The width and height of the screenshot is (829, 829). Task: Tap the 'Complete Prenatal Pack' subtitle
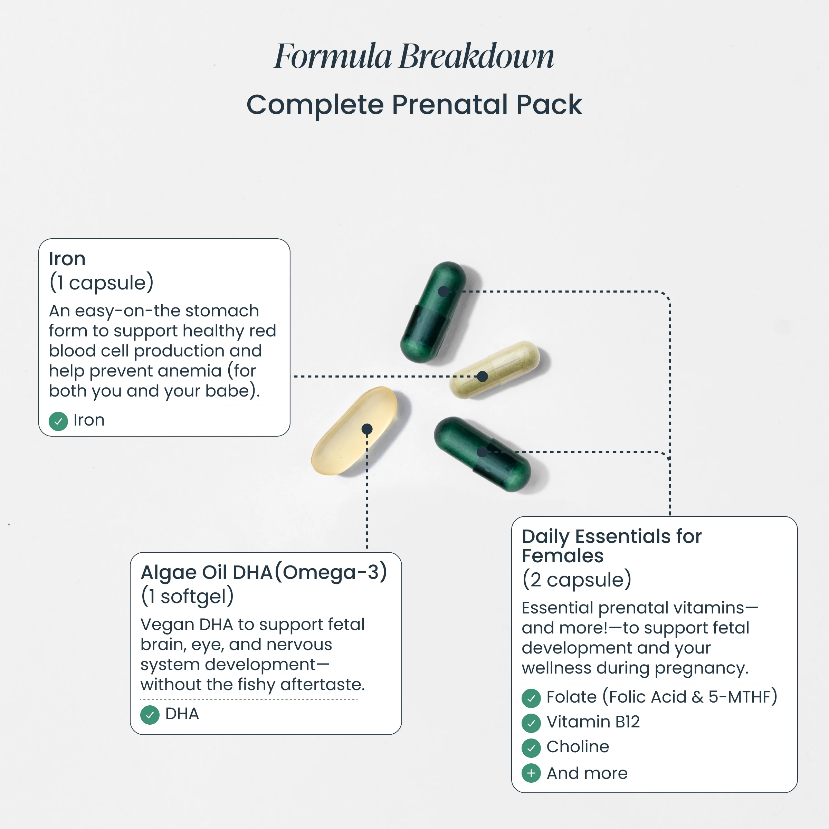pos(414,104)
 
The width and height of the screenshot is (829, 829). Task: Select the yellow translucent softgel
pos(354,430)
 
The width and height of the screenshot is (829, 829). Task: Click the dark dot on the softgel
pos(367,429)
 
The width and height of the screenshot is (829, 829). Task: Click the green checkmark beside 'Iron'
pos(58,421)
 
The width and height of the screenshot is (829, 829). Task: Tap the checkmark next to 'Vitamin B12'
pos(531,723)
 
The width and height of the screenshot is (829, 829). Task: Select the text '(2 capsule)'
pos(577,580)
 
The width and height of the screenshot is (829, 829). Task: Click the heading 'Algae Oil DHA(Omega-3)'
pos(264,572)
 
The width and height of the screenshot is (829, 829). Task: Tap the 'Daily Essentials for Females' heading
pos(611,546)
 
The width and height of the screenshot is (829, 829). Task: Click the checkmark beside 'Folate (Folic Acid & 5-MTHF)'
pos(531,698)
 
